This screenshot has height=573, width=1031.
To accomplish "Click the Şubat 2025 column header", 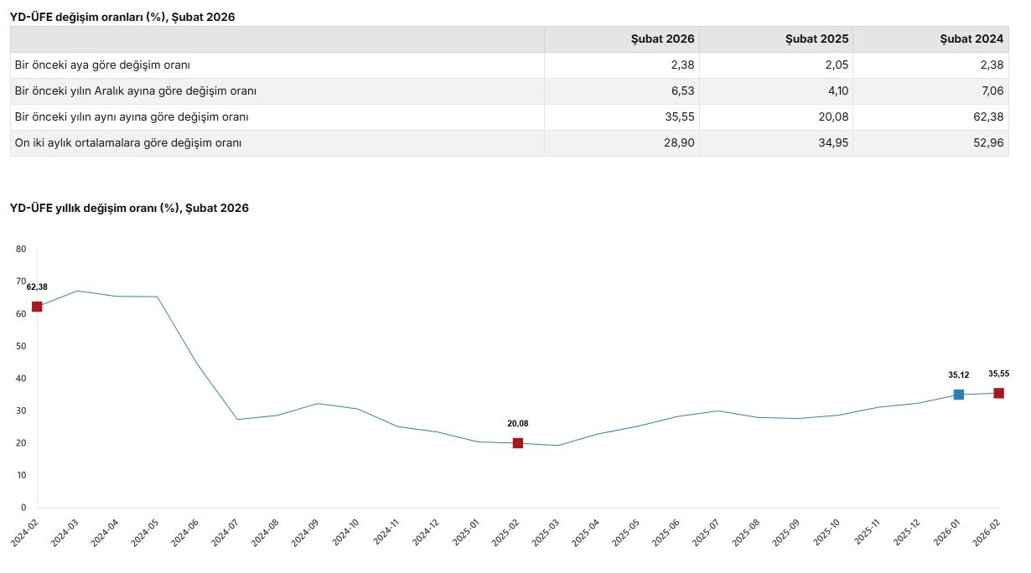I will pos(816,39).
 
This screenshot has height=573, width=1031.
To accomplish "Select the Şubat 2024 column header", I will pos(971,39).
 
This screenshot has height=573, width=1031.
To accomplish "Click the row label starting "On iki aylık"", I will pos(128,143).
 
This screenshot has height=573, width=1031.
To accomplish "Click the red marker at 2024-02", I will pos(37,307).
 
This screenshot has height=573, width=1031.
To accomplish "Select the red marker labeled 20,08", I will pos(518,443).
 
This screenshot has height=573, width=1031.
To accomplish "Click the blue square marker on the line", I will pos(959,395).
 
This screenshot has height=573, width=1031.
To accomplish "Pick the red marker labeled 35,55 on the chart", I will pos(998,393).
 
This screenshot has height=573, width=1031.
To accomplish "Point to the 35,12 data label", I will pos(958,375).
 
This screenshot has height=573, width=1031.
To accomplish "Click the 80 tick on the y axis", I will pos(21,249).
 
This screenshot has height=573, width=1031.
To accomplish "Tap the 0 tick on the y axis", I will pos(23,508).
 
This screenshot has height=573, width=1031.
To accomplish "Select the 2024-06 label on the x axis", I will pos(187,533).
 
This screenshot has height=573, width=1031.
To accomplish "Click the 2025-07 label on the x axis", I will pos(708,533).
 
